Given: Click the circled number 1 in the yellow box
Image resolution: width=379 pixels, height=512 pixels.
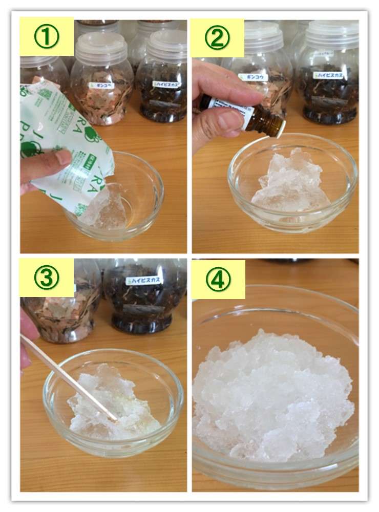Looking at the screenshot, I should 47,37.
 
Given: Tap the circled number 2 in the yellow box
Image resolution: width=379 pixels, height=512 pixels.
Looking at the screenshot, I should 217,38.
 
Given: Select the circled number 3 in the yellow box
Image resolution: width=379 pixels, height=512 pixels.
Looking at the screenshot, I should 47,278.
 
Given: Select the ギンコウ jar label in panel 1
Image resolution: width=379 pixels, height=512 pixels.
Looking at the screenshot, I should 101,86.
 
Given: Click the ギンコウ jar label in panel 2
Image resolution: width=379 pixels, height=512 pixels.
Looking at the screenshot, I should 253,77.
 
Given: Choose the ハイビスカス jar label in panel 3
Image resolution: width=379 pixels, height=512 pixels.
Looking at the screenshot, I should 144,281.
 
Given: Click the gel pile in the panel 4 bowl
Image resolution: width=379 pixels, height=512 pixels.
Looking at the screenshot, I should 271,394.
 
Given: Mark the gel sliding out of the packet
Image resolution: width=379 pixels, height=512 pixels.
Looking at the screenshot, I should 108,207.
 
